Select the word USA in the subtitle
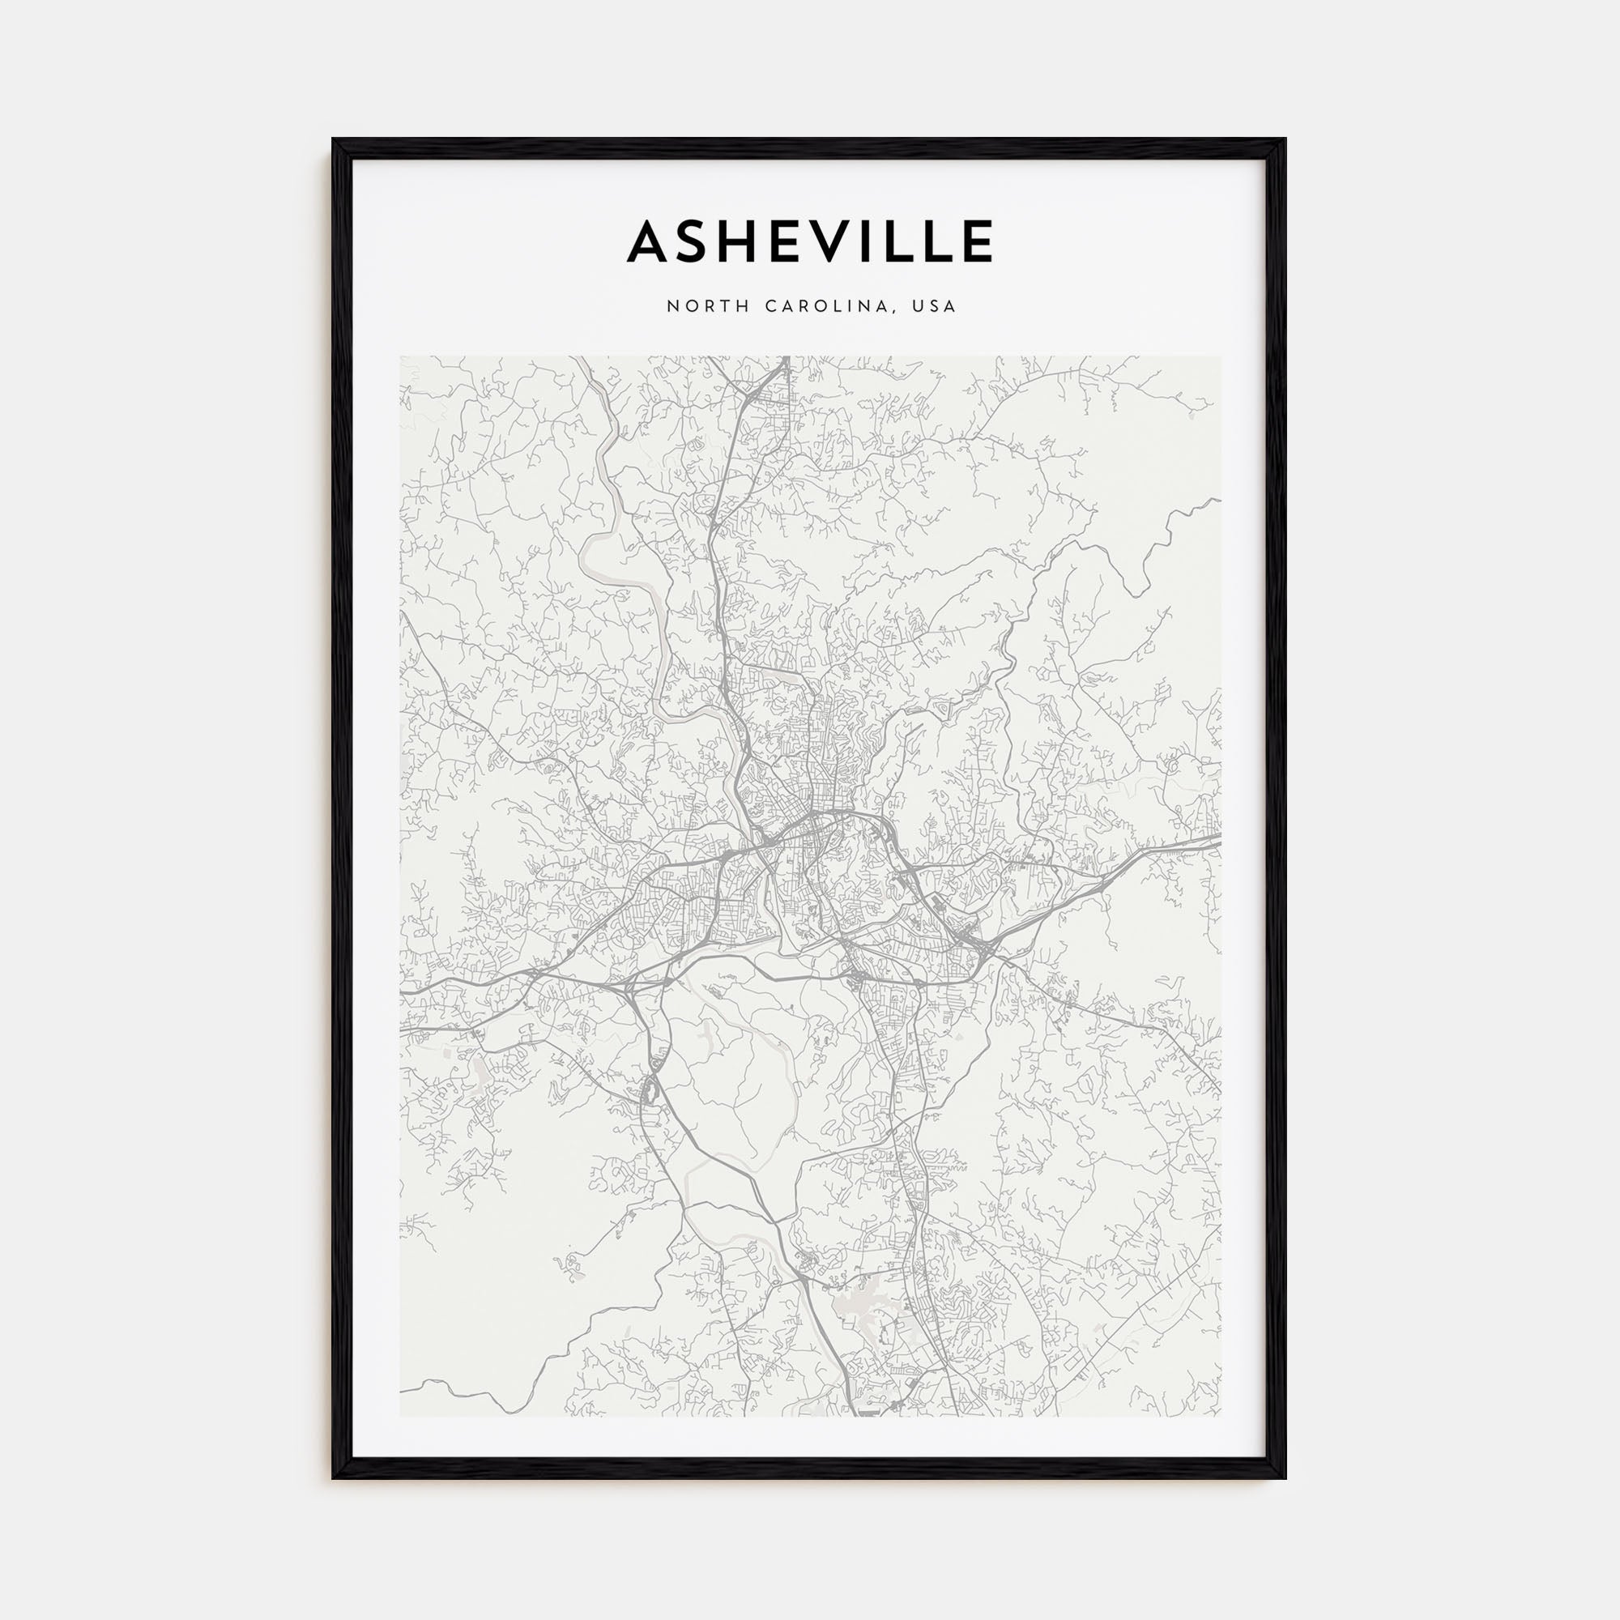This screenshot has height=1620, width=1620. pyautogui.click(x=935, y=307)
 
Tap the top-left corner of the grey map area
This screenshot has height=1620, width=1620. pyautogui.click(x=401, y=357)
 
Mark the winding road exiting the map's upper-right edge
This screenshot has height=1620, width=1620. pyautogui.click(x=1208, y=503)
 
